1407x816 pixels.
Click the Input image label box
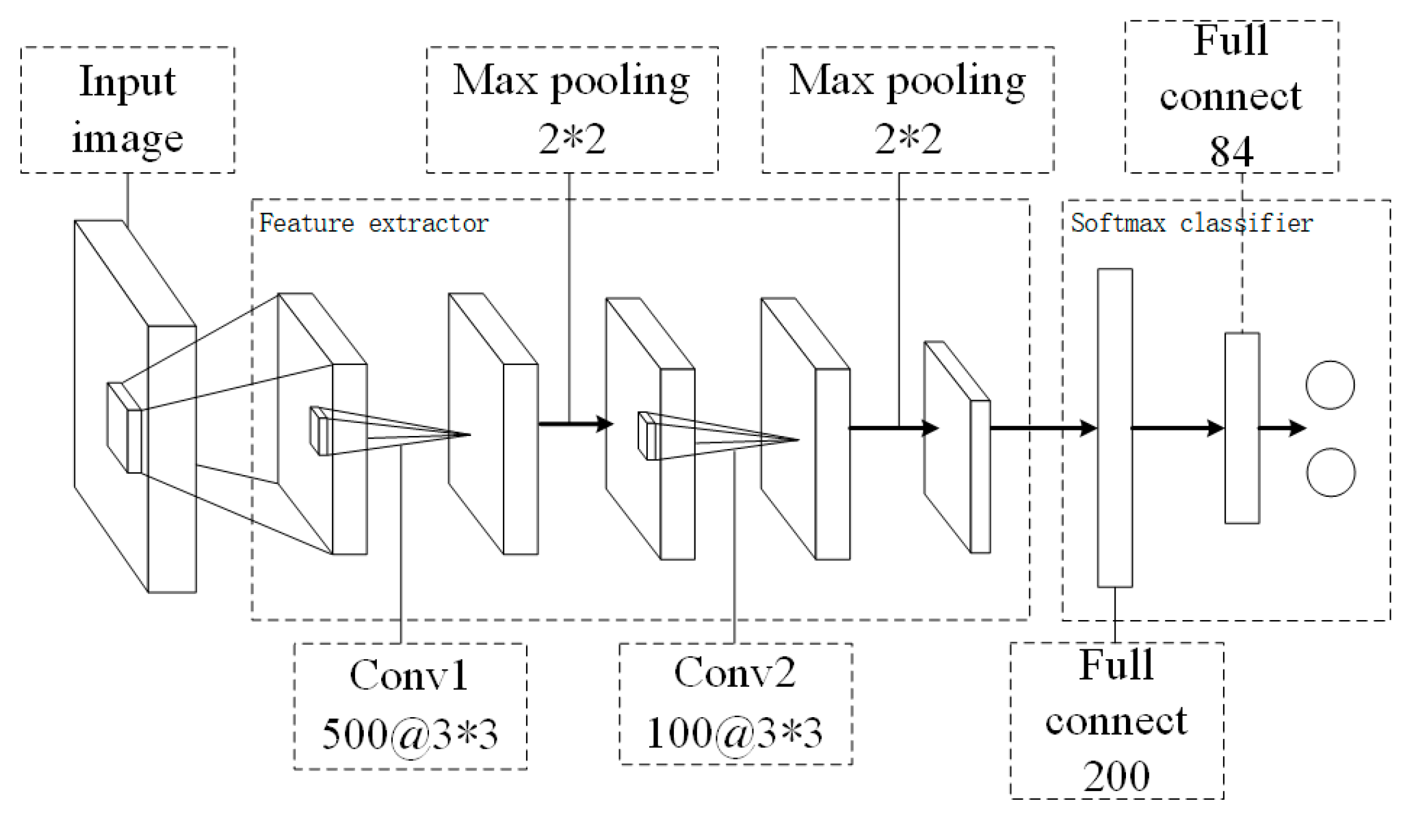[x=127, y=109]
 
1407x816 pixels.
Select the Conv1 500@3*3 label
[x=410, y=707]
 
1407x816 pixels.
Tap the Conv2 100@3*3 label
[x=735, y=703]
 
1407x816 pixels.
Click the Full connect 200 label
[x=1116, y=720]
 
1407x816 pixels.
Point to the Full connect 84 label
[x=1231, y=96]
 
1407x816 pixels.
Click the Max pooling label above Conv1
[x=572, y=109]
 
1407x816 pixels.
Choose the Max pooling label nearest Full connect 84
[x=908, y=109]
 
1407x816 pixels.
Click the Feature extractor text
[x=374, y=223]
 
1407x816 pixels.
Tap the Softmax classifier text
[x=1191, y=223]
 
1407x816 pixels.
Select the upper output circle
[x=1330, y=385]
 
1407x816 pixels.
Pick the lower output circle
[x=1331, y=472]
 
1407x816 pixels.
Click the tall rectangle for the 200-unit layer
[x=1115, y=428]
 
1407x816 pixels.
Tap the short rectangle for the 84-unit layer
[x=1242, y=428]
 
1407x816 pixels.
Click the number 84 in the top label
[x=1231, y=151]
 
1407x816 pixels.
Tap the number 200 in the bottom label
[x=1116, y=776]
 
